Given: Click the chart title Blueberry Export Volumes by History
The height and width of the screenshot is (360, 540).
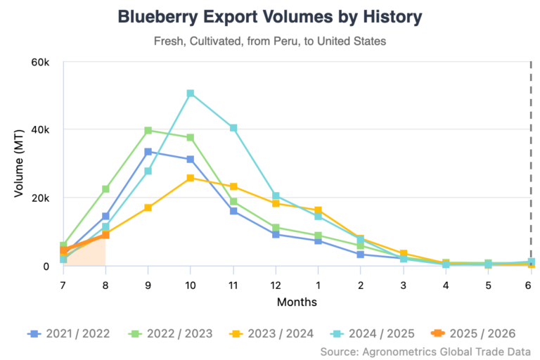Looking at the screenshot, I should click(270, 17).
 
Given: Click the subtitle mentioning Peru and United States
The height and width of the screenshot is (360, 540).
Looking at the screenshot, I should click(270, 41).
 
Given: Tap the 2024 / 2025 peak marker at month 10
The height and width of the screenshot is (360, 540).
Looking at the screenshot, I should click(191, 94).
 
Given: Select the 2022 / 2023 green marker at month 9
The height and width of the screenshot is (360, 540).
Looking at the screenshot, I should click(148, 131).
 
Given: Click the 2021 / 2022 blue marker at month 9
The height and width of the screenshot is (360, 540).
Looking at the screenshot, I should click(148, 152).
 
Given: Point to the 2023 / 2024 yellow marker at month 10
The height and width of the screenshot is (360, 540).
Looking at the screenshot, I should click(191, 179).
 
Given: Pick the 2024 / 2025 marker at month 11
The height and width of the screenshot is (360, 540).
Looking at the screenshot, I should click(233, 128).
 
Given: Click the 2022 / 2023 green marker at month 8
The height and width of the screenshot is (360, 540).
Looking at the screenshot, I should click(105, 189).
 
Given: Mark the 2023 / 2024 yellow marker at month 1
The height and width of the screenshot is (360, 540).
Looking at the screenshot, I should click(319, 210).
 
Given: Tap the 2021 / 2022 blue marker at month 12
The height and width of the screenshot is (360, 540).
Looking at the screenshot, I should click(276, 234).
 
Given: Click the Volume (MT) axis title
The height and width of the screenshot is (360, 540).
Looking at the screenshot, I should click(20, 164).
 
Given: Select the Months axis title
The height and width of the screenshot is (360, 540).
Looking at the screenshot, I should click(297, 302).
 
